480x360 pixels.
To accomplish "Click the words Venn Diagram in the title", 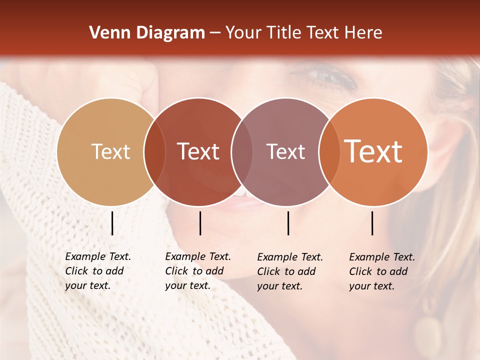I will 146,33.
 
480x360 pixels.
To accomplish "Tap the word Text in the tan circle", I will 110,151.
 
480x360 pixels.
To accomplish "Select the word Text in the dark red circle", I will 198,151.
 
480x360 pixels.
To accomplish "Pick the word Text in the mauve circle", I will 285,151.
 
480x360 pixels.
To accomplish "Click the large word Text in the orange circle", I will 373,151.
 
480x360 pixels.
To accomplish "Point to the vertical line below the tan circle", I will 112,223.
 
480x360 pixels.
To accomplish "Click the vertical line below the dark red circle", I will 200,223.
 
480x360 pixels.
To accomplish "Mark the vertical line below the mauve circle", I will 288,223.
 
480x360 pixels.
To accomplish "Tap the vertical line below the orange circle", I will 372,223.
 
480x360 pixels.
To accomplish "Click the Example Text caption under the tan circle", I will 97,271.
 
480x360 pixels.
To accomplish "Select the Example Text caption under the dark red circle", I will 197,271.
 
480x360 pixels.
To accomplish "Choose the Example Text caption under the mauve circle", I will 289,271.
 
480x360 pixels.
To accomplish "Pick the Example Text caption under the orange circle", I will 381,271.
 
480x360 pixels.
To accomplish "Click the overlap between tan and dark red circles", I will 154,151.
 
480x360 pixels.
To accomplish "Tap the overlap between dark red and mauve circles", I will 242,151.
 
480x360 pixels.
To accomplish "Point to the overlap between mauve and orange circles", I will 328,151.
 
